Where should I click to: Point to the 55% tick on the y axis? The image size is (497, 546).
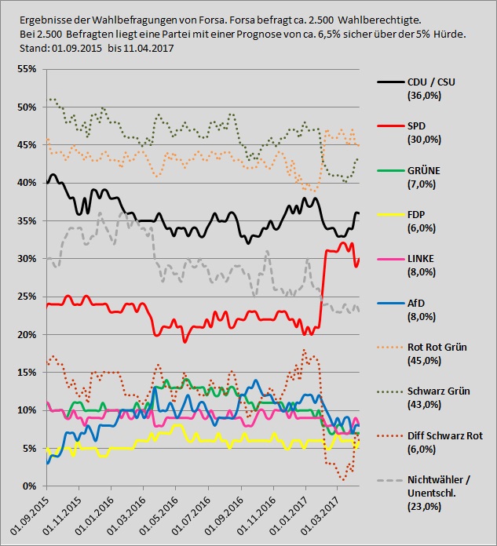click(28, 70)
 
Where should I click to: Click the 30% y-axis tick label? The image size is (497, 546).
click(28, 259)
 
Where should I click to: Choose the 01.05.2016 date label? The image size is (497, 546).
click(161, 514)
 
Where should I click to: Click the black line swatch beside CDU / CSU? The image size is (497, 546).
click(389, 82)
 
